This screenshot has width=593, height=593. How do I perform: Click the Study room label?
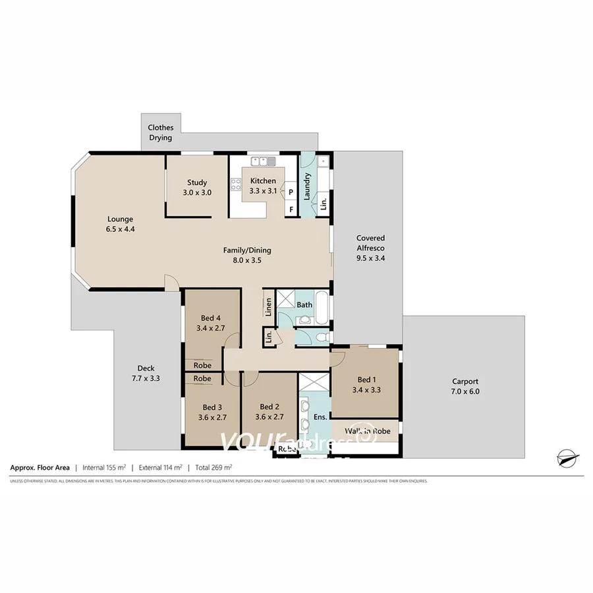197,183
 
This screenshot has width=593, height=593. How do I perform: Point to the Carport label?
465,381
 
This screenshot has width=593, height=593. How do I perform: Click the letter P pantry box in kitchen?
290,192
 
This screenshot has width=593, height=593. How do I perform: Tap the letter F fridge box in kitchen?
290,210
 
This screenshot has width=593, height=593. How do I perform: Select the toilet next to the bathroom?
320,336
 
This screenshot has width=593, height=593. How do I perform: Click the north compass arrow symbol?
566,457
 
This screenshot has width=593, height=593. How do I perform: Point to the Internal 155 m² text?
103,468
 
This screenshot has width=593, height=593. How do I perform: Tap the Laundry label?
307,186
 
